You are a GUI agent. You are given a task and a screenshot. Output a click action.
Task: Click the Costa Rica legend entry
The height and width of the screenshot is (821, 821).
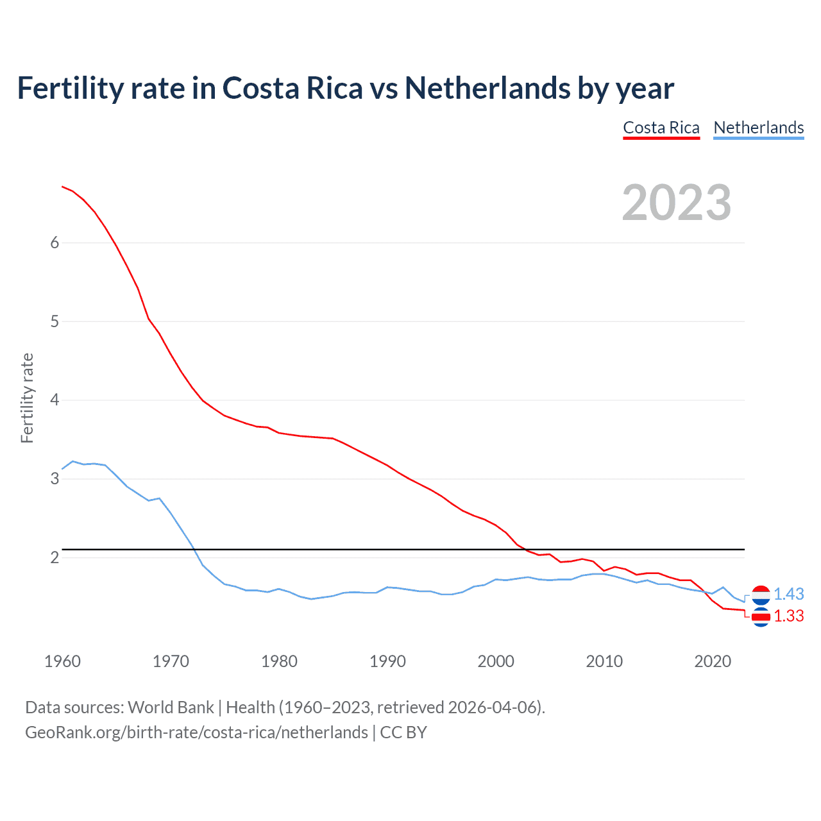[x=661, y=128]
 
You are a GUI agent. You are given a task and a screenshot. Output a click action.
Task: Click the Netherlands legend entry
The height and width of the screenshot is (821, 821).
[x=758, y=128]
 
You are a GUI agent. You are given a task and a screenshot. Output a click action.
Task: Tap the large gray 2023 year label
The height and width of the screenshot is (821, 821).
[x=677, y=203]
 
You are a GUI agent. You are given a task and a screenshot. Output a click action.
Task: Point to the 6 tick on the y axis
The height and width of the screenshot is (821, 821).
[x=55, y=242]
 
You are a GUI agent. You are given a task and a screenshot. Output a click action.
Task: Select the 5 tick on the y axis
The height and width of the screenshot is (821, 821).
[x=55, y=321]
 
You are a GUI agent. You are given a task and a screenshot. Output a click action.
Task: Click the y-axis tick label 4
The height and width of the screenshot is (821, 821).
[x=55, y=400]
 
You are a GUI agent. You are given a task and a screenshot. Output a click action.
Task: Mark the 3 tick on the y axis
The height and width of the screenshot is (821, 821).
[x=55, y=478]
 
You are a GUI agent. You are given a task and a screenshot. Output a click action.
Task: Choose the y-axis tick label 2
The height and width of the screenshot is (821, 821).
[x=55, y=557]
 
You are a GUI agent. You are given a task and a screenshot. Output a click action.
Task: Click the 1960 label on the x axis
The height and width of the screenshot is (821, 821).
[x=62, y=661]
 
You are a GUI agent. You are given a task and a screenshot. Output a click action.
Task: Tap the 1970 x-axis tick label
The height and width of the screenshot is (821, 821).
[x=171, y=661]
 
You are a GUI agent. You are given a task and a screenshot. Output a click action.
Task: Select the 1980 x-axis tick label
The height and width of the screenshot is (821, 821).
[x=279, y=661]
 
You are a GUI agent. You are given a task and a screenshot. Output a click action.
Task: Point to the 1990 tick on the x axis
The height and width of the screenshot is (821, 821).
[x=387, y=661]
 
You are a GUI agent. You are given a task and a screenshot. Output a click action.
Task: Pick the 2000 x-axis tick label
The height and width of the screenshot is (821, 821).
[x=496, y=661]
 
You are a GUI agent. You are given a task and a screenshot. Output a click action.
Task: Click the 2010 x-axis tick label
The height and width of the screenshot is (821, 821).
[x=604, y=661]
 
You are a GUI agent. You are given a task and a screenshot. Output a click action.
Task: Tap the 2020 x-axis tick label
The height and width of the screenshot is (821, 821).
[x=713, y=661]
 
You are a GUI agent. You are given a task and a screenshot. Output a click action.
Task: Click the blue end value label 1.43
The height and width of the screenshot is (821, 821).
[x=788, y=594]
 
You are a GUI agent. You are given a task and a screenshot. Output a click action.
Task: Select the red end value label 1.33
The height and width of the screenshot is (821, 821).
[x=788, y=616]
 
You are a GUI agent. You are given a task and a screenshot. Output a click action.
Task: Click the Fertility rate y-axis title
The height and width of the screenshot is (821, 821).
[x=27, y=398]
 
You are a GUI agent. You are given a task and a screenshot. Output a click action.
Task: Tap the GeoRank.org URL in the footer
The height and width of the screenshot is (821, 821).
[x=196, y=732]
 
